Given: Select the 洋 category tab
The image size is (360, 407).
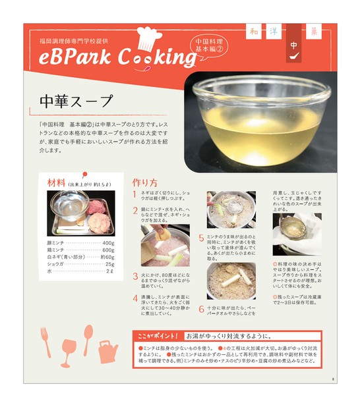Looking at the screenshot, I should click(275, 31).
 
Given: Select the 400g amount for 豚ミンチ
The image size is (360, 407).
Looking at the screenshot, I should click(107, 243).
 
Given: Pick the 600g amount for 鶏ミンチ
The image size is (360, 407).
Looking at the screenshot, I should click(107, 250).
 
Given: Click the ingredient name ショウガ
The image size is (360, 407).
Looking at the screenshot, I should click(59, 264).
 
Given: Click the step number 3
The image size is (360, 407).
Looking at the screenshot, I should click(135, 277).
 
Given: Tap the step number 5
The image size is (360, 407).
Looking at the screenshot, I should click(202, 237).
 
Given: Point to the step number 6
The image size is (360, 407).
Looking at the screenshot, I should click(202, 308).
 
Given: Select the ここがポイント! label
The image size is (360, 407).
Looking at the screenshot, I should click(156, 335).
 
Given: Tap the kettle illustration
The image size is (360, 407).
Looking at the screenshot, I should click(108, 349).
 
